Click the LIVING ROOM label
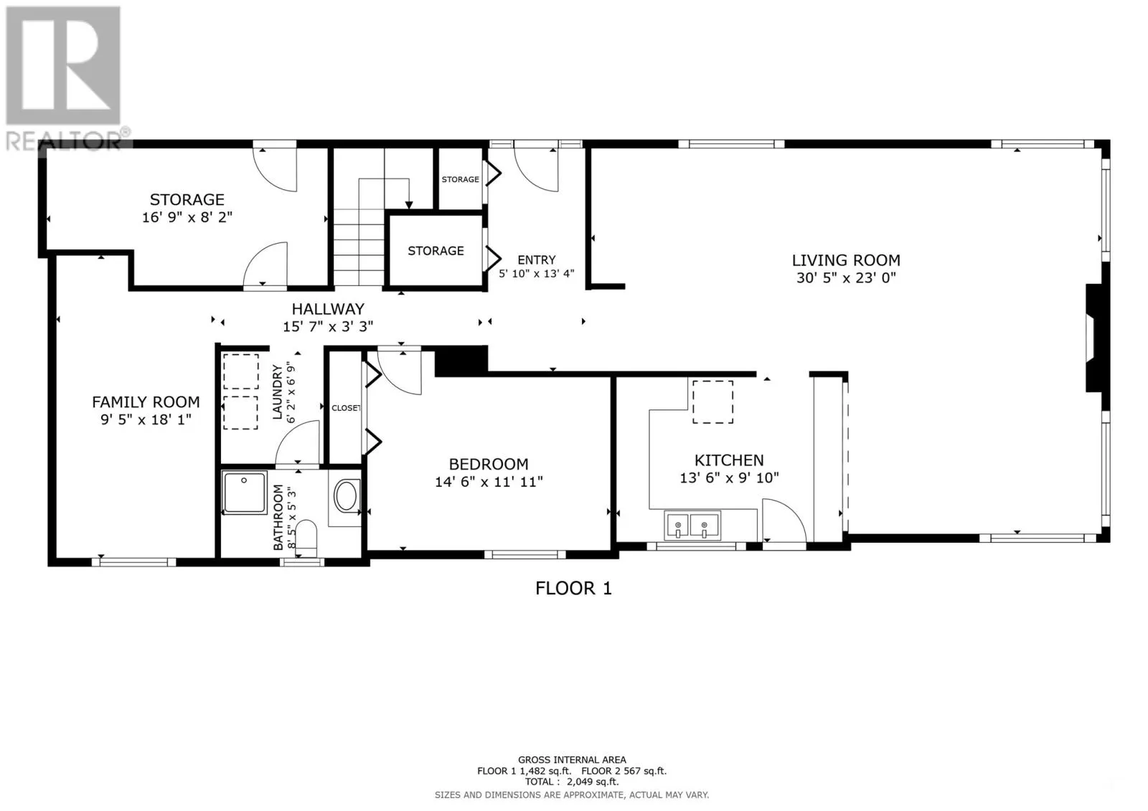click(846, 260)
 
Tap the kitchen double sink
click(692, 525)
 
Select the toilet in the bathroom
click(306, 538)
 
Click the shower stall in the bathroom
click(245, 493)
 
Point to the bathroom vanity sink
click(347, 495)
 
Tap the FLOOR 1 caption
click(573, 588)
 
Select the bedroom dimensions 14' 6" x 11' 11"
click(489, 482)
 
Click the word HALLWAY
click(328, 309)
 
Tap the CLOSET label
click(346, 408)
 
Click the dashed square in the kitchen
click(712, 402)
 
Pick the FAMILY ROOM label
click(146, 402)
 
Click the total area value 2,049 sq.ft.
click(593, 782)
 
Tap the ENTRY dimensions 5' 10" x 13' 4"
click(537, 274)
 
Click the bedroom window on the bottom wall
click(525, 554)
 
